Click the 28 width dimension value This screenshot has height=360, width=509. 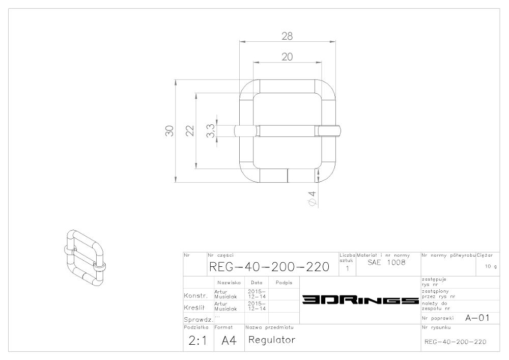point(287,36)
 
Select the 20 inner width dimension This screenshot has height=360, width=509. point(287,57)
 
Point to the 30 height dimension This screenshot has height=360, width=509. point(169,131)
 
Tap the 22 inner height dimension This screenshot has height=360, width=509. point(190,131)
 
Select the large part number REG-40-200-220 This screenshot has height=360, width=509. point(269,267)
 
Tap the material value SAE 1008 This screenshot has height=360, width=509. point(387,262)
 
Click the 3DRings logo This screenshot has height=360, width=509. point(360,299)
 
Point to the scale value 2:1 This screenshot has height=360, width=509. point(197,341)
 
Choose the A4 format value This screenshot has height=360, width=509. point(229,341)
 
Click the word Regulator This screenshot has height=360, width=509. point(272,340)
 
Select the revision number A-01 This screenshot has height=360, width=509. point(477,318)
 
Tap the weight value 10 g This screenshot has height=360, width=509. point(491,266)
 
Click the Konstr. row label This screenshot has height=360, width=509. point(196,296)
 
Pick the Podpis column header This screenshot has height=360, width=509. point(284,283)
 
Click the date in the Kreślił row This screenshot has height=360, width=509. point(257,306)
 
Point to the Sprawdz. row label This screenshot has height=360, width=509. point(199,319)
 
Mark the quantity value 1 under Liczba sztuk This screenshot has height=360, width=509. point(347,268)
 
